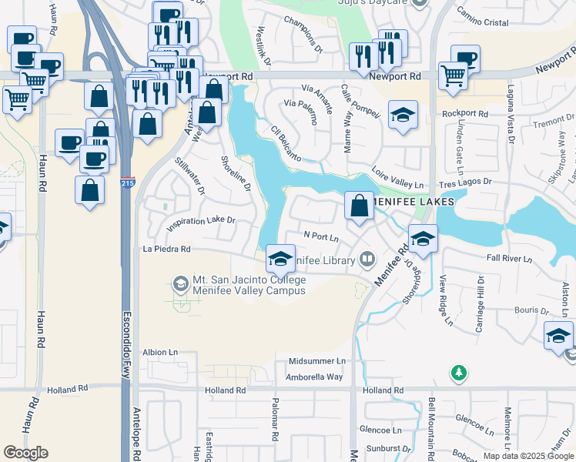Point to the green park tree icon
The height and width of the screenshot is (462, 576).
pyautogui.click(x=458, y=373)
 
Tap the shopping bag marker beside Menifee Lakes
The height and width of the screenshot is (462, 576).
pyautogui.click(x=359, y=206)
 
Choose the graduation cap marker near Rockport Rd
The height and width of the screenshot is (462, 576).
pyautogui.click(x=402, y=116)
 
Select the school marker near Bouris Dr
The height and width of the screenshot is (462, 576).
pyautogui.click(x=558, y=336)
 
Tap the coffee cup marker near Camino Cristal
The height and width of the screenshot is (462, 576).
pyautogui.click(x=465, y=59)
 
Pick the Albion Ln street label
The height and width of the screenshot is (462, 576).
pyautogui.click(x=160, y=352)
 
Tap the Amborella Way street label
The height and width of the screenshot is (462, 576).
pyautogui.click(x=313, y=377)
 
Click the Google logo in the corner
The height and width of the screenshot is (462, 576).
pyautogui.click(x=25, y=452)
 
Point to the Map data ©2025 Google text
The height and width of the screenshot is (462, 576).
pyautogui.click(x=528, y=456)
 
